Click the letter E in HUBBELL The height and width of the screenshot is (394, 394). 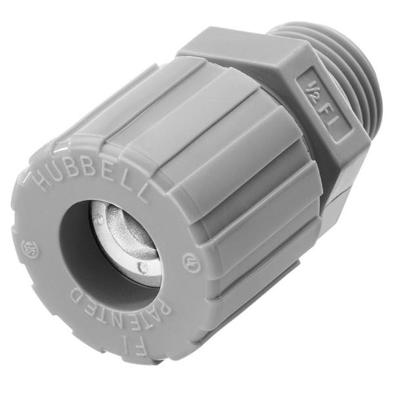111,176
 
